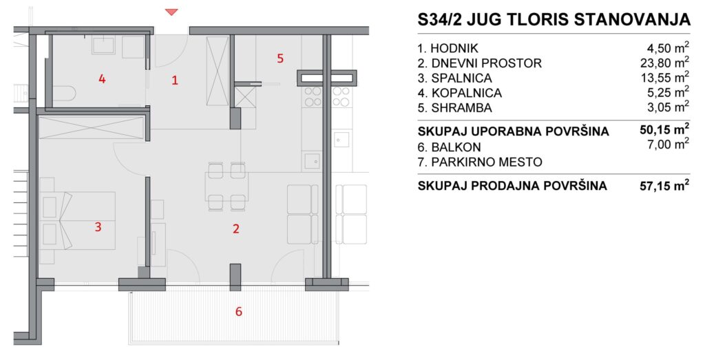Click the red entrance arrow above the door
pyautogui.click(x=171, y=12)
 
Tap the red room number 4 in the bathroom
pyautogui.click(x=102, y=79)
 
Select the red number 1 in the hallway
pyautogui.click(x=175, y=81)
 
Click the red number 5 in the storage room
pyautogui.click(x=280, y=59)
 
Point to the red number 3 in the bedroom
pyautogui.click(x=98, y=227)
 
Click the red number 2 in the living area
pyautogui.click(x=236, y=229)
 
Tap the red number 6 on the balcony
pyautogui.click(x=239, y=311)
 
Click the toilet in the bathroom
pyautogui.click(x=65, y=94)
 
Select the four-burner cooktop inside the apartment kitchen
pyautogui.click(x=313, y=96)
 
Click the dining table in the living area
pyautogui.click(x=227, y=187)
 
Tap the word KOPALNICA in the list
pyautogui.click(x=467, y=93)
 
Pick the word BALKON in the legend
pyautogui.click(x=456, y=147)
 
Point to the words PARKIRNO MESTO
pyautogui.click(x=487, y=162)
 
